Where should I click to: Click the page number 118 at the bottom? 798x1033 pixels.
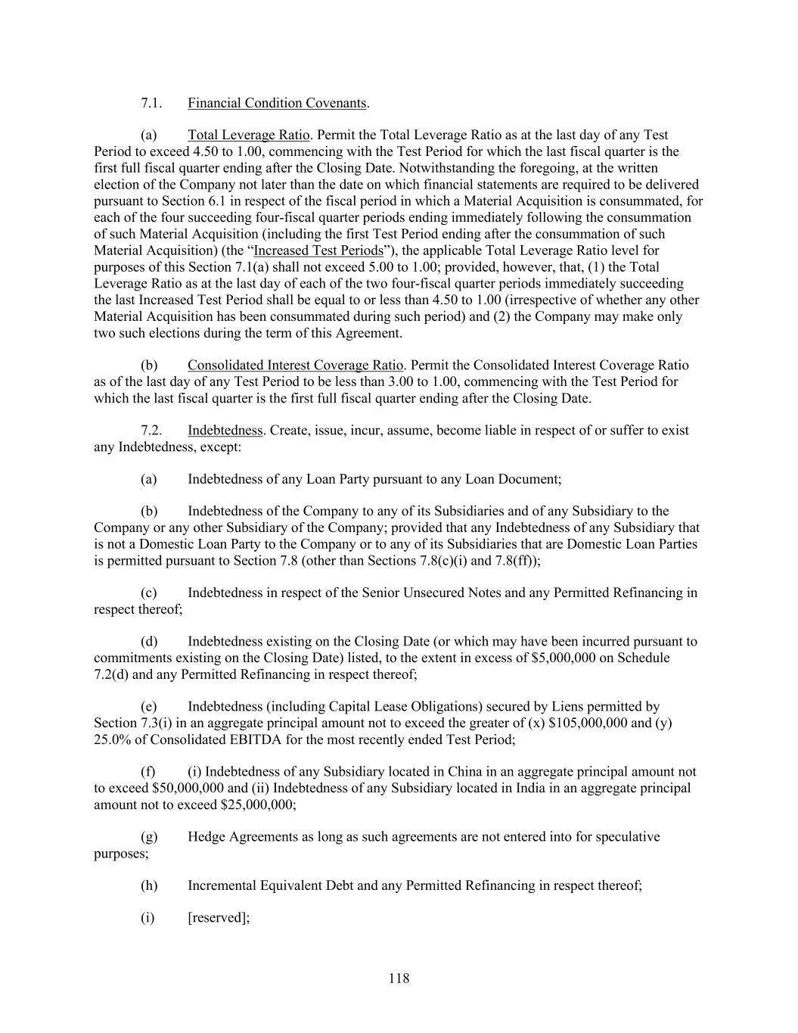[399, 978]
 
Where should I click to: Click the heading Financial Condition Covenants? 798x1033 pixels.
[277, 103]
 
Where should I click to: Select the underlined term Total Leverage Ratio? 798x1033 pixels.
[248, 135]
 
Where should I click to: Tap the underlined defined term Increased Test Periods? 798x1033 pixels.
[318, 250]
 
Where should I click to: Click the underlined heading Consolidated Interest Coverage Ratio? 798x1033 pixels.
[295, 366]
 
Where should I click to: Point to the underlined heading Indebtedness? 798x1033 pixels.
[225, 431]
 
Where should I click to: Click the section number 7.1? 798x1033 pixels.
[151, 103]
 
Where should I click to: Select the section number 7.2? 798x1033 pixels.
[151, 431]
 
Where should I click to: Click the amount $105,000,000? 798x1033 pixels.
[588, 723]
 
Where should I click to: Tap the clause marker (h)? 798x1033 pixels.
[149, 885]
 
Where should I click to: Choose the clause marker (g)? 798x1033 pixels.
[149, 837]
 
